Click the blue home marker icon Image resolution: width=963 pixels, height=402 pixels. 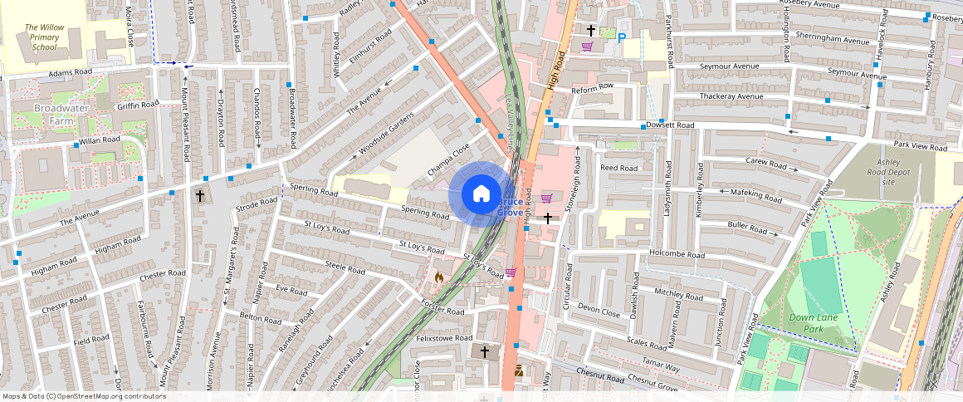tap(481, 194)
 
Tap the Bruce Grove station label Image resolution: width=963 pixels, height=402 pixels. tap(511, 207)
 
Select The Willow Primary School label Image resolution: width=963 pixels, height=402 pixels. tap(44, 37)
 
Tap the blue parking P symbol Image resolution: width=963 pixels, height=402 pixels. tap(621, 38)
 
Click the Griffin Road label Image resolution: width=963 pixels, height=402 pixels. tap(138, 105)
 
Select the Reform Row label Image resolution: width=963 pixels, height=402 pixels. tap(593, 86)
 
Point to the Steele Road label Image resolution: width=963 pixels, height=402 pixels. tap(345, 270)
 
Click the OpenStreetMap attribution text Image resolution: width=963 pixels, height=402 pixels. tap(84, 396)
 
